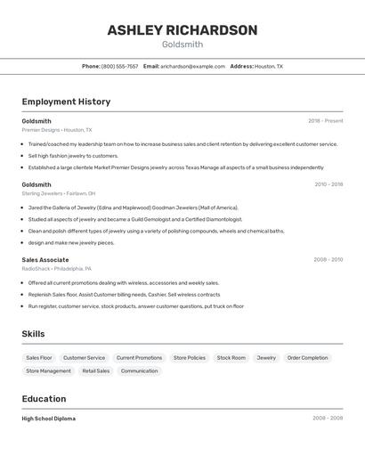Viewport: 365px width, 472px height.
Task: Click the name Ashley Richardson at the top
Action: coord(182,30)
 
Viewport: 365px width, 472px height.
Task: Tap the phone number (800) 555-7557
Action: coord(119,66)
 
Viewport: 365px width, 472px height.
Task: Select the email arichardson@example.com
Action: coord(192,66)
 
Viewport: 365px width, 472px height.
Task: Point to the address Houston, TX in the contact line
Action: coord(269,66)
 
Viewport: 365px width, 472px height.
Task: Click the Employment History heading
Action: coord(66,102)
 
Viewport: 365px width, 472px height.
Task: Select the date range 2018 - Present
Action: coord(325,121)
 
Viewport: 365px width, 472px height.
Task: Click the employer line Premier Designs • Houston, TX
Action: coord(57,130)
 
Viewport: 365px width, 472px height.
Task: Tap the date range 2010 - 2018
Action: coord(328,184)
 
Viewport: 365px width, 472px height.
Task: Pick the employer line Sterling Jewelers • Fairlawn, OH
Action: coord(59,193)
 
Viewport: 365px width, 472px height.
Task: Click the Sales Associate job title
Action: coord(45,260)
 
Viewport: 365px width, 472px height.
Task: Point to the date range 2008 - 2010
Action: coord(328,260)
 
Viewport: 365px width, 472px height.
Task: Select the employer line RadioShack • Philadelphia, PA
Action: coord(56,268)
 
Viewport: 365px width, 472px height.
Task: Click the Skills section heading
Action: coord(34,333)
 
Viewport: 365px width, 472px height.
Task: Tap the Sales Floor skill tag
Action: coord(39,358)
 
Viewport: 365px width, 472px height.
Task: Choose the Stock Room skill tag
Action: coord(231,358)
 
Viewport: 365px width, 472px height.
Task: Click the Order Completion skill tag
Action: coord(307,358)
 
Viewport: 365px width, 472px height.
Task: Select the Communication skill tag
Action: coord(139,370)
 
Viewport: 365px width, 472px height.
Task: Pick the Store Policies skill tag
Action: coord(190,358)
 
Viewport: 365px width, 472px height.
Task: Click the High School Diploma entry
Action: coord(49,419)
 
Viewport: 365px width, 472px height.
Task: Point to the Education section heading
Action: coord(45,399)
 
